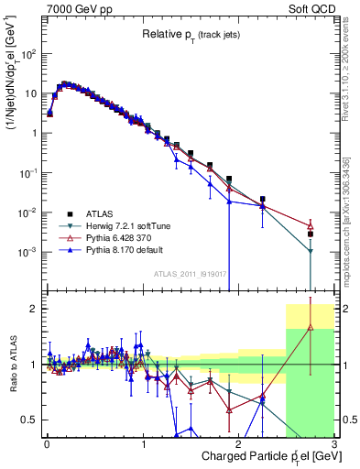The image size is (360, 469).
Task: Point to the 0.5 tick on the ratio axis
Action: [32, 420]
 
